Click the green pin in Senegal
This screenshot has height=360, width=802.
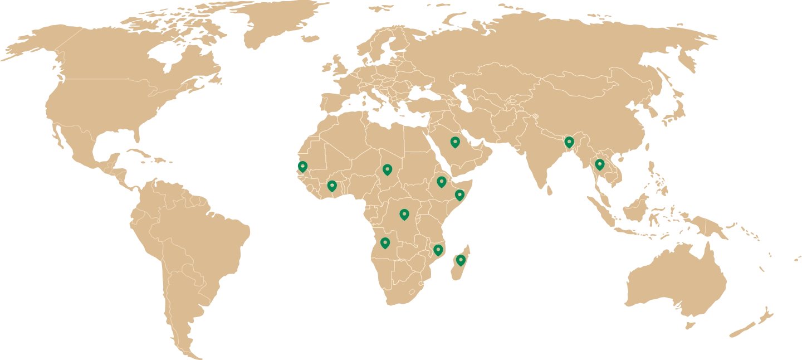coord(302,166)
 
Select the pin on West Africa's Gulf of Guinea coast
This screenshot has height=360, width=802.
coord(332,186)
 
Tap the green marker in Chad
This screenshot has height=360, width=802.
coord(387,169)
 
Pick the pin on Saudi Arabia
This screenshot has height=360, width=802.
coord(455,142)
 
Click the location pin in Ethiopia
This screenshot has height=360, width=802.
coord(441,181)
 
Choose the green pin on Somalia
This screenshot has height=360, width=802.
coord(459,194)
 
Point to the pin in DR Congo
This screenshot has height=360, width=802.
coord(404,213)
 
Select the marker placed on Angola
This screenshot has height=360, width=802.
coord(385,242)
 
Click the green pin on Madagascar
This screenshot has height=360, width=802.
coord(461,260)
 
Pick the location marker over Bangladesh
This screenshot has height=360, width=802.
coord(569,142)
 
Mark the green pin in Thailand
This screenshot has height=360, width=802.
coord(599,164)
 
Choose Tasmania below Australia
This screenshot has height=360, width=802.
coord(691,323)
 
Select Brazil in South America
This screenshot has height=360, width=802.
coord(206,234)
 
